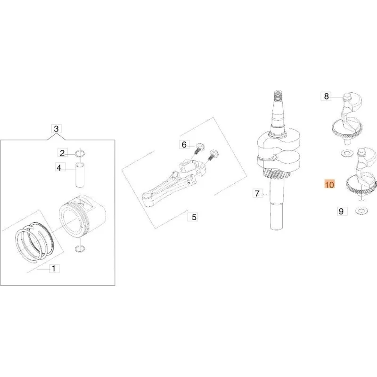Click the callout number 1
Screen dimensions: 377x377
54,268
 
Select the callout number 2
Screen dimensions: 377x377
62,153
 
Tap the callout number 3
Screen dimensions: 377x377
56,129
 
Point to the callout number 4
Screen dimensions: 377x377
59,168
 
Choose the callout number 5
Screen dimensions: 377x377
194,217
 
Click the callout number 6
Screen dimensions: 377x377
184,145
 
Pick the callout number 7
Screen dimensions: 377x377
257,193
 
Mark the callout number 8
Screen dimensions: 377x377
326,96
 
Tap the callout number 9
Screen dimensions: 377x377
341,211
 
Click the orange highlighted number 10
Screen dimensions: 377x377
329,184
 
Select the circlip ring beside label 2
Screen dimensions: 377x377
80,153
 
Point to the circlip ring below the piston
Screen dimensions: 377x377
80,249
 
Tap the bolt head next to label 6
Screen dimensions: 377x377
200,146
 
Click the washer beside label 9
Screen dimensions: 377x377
361,211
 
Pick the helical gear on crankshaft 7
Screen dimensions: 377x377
276,174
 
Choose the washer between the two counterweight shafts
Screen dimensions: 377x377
346,153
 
